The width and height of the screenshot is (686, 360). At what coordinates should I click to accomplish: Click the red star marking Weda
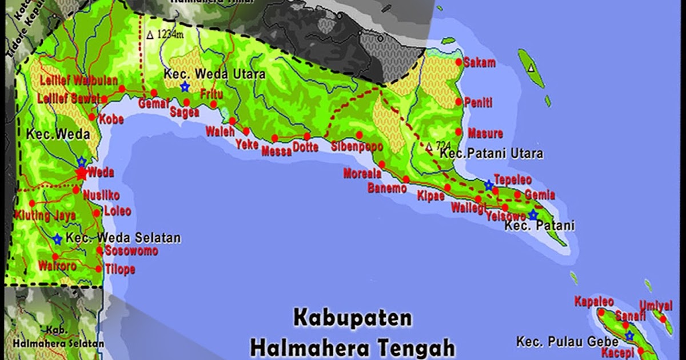pyautogui.click(x=81, y=173)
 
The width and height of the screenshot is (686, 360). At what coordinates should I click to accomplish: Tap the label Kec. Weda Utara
pyautogui.click(x=214, y=75)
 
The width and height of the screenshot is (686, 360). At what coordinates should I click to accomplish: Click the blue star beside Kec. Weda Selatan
pyautogui.click(x=57, y=239)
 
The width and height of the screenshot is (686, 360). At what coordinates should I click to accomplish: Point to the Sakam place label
pyautogui.click(x=479, y=63)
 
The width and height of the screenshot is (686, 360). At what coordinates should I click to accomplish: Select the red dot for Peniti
pyautogui.click(x=458, y=102)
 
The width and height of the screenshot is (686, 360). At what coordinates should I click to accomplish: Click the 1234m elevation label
pyautogui.click(x=165, y=34)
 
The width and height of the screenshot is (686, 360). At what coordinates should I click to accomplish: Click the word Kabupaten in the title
pyautogui.click(x=353, y=318)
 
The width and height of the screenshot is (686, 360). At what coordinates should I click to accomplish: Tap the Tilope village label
pyautogui.click(x=120, y=270)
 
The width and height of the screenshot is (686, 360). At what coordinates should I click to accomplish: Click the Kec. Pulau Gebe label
pyautogui.click(x=567, y=342)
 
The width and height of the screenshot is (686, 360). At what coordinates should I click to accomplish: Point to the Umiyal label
pyautogui.click(x=655, y=306)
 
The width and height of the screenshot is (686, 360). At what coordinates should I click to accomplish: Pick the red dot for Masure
pyautogui.click(x=459, y=133)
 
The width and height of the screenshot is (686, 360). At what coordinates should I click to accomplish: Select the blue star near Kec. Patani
pyautogui.click(x=533, y=215)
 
